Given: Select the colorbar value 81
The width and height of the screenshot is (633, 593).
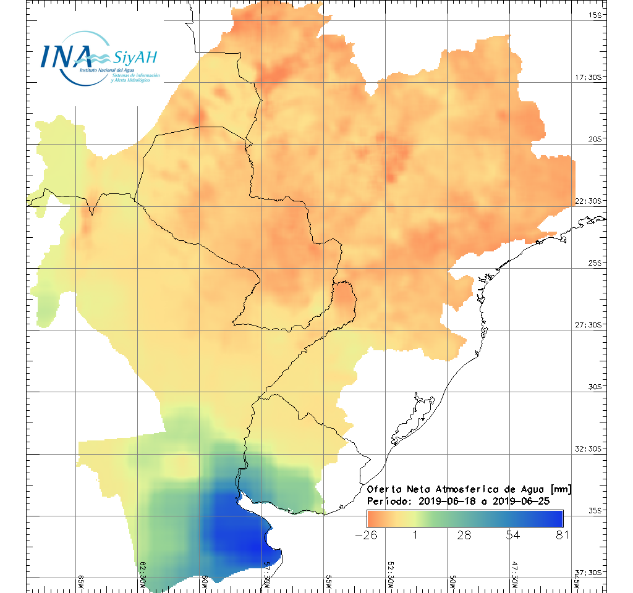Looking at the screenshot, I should pyautogui.click(x=561, y=535).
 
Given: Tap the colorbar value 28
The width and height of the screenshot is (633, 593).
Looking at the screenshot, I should pyautogui.click(x=464, y=535).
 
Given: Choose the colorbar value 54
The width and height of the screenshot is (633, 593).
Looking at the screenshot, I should pyautogui.click(x=513, y=535).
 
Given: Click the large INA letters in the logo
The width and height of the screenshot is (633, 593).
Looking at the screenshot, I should pyautogui.click(x=66, y=56).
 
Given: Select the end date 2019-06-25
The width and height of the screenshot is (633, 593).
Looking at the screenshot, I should pyautogui.click(x=533, y=501).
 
